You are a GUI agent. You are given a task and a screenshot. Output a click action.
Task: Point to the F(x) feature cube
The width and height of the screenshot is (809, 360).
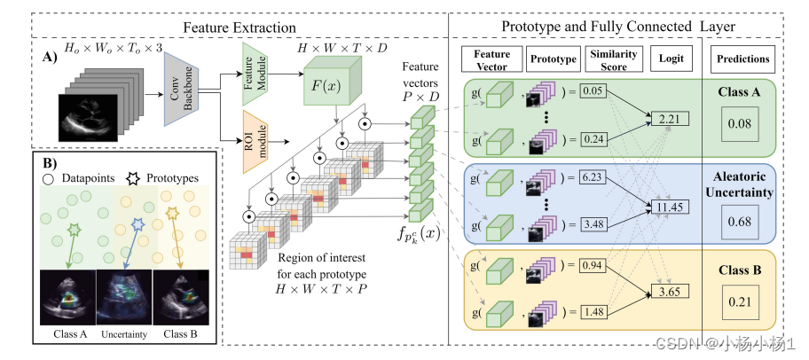pos(330,83)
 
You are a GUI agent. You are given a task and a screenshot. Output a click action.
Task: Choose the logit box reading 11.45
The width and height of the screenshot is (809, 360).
pos(671,207)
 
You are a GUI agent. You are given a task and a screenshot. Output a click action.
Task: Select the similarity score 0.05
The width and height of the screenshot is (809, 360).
pos(592,91)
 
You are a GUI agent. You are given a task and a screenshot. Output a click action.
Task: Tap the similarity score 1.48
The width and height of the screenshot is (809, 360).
pos(592,311)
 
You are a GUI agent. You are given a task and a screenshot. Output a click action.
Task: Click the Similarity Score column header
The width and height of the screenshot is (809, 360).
pos(615,59)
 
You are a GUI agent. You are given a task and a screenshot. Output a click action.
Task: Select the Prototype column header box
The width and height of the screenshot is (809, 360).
pos(553,59)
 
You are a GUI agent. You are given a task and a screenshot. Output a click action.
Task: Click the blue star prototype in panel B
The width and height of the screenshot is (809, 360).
pos(137,223)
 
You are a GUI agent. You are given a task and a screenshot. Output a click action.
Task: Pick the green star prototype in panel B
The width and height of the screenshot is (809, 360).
pos(75,229)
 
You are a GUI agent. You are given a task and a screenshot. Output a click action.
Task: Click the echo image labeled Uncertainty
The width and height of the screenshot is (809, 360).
pos(124,297)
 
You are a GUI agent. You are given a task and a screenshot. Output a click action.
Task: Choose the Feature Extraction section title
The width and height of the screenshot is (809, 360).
pos(240,27)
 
